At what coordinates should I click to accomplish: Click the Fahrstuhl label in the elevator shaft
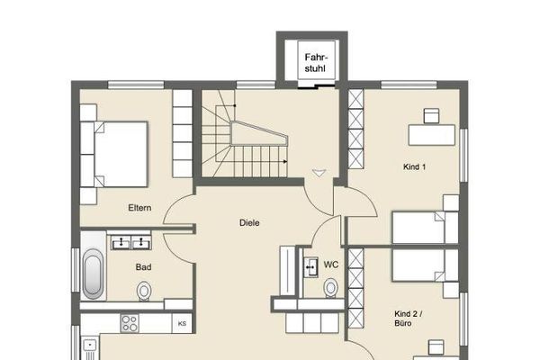click(x=315, y=63)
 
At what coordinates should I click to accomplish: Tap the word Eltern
click(x=139, y=208)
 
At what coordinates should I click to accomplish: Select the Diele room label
click(x=249, y=223)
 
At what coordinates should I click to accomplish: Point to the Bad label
click(x=143, y=267)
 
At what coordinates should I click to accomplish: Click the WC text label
click(x=331, y=265)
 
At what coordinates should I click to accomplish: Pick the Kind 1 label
click(x=414, y=167)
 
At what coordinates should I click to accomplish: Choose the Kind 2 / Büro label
click(x=409, y=319)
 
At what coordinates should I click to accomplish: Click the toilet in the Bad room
click(x=144, y=292)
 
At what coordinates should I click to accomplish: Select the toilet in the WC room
click(x=330, y=288)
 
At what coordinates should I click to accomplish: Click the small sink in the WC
click(x=310, y=267)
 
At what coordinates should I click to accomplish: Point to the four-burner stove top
click(x=130, y=323)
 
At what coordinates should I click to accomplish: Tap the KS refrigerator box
click(x=182, y=323)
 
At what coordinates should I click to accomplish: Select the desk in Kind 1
click(x=432, y=135)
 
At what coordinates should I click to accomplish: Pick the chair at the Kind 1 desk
click(x=431, y=116)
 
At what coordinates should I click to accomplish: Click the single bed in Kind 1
click(x=426, y=228)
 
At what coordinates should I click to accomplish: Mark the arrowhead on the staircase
click(x=285, y=161)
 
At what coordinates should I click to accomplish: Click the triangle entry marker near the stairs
click(x=319, y=174)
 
